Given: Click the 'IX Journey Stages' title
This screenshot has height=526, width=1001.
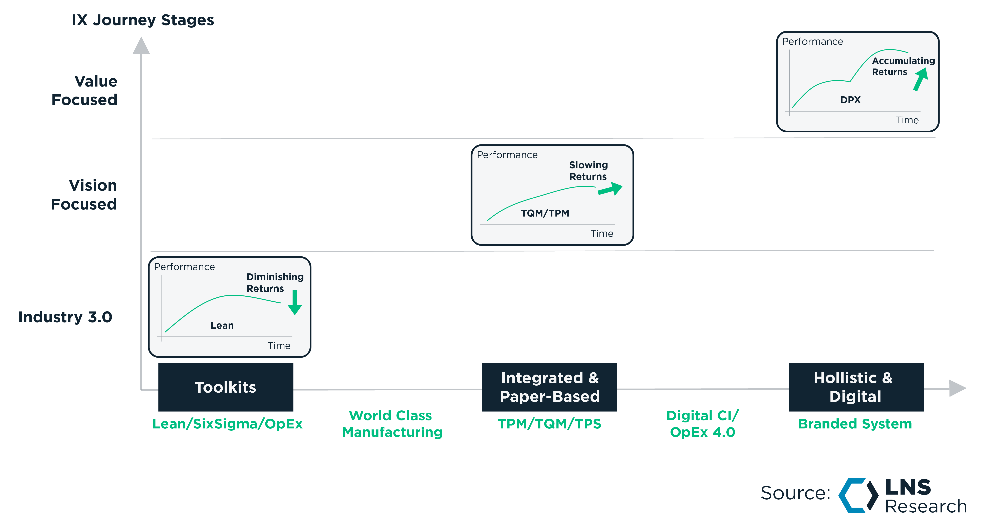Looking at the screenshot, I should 143,20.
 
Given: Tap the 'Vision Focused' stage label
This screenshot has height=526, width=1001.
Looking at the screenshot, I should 84,195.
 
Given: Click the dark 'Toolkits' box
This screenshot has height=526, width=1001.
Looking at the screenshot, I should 225,387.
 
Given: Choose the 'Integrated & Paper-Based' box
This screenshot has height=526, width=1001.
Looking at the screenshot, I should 549,387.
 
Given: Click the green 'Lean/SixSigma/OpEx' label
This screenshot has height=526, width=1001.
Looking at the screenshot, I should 227,424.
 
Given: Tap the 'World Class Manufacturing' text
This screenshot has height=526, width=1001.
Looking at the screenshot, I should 392,424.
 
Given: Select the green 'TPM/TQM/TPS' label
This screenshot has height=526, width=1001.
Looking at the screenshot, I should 549,424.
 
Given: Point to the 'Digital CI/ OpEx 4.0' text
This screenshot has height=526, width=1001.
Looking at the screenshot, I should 703,424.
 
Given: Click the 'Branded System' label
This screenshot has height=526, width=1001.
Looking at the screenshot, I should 855,424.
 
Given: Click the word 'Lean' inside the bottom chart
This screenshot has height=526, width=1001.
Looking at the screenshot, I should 222,326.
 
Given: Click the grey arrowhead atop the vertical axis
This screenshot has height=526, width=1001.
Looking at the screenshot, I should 141,46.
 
